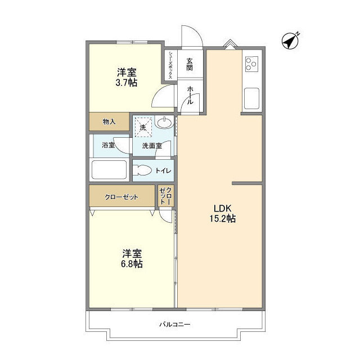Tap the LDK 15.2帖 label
click(219, 213)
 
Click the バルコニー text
click(174, 325)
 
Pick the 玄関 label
click(190, 65)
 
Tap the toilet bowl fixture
click(144, 170)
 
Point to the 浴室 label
click(108, 145)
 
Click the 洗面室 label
click(151, 146)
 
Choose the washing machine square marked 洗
click(143, 126)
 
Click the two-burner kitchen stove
click(251, 64)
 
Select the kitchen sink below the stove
click(251, 100)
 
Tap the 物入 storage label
click(109, 122)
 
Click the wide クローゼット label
click(121, 197)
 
